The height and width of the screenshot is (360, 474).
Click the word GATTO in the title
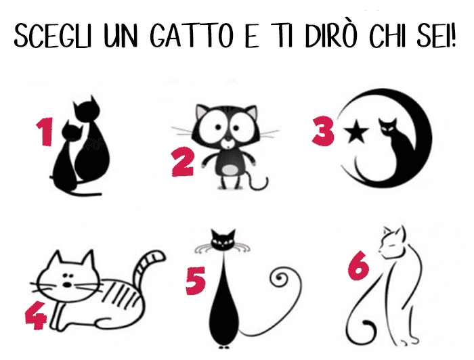[192, 35]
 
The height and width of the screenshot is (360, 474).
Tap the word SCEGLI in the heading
[53, 35]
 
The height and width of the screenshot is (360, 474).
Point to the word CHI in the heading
[387, 35]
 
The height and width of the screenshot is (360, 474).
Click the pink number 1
[45, 131]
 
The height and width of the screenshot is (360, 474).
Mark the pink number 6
[358, 266]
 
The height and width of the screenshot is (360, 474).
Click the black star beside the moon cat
[355, 131]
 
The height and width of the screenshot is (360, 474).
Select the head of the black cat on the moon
[388, 127]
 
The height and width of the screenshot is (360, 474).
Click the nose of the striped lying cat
[67, 284]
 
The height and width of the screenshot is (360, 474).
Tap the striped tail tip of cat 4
[157, 256]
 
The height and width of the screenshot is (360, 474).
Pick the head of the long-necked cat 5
[223, 240]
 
